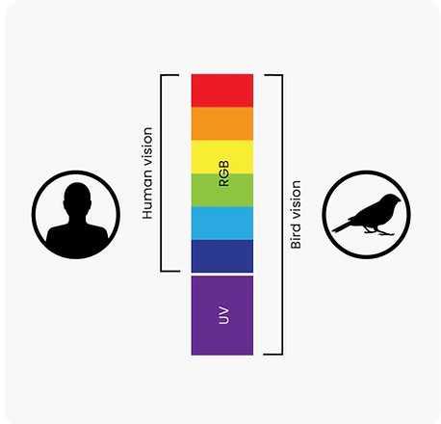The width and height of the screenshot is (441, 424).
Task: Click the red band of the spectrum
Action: click(222, 91)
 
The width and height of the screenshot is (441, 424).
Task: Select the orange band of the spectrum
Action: click(222, 123)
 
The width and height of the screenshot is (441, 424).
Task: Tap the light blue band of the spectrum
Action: click(222, 224)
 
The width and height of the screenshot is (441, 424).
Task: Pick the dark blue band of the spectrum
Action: click(222, 256)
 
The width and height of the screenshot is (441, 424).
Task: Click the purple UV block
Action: click(222, 315)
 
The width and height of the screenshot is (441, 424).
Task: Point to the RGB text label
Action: click(223, 173)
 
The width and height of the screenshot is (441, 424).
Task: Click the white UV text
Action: click(223, 315)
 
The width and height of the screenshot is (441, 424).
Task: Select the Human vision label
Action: click(147, 173)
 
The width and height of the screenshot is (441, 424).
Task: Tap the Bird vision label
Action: click(296, 215)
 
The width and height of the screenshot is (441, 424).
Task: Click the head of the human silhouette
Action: click(77, 197)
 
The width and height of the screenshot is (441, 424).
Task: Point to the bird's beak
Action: click(400, 200)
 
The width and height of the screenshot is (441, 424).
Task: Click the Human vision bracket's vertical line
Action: click(161, 173)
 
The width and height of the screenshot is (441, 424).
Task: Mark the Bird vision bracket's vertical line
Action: click(282, 215)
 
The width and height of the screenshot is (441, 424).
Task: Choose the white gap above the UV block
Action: click(222, 275)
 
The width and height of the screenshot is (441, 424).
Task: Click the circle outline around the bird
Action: click(367, 172)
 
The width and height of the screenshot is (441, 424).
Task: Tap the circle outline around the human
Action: click(76, 172)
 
